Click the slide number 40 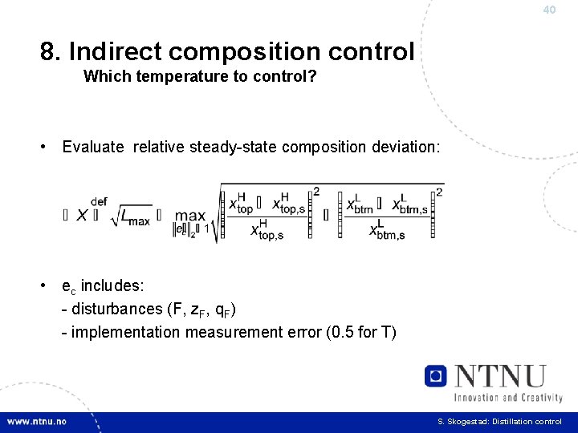point(549,10)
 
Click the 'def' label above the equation point(100,201)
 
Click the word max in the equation point(189,216)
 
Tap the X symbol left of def point(82,215)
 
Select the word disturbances point(117,310)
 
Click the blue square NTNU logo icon point(436,375)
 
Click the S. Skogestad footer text point(499,421)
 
